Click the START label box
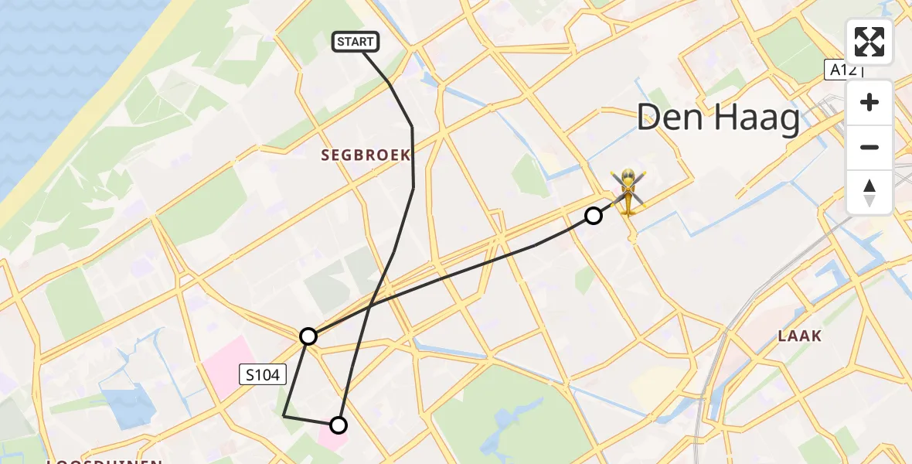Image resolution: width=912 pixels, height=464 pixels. click(356, 42)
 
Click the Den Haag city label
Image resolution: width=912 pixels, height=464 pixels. click(718, 120)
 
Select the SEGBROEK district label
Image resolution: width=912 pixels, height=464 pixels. click(366, 155)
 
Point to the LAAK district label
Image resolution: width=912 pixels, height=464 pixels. click(800, 336)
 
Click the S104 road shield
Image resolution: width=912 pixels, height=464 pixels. click(263, 375)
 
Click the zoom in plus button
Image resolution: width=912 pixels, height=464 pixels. click(869, 102)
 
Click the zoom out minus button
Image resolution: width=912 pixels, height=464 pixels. click(869, 147)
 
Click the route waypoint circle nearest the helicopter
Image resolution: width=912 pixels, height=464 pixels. click(593, 216)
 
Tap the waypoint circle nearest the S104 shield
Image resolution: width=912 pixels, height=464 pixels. click(308, 336)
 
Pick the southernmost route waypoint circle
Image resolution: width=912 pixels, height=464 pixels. click(339, 425)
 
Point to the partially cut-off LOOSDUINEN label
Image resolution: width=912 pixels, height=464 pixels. click(104, 461)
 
